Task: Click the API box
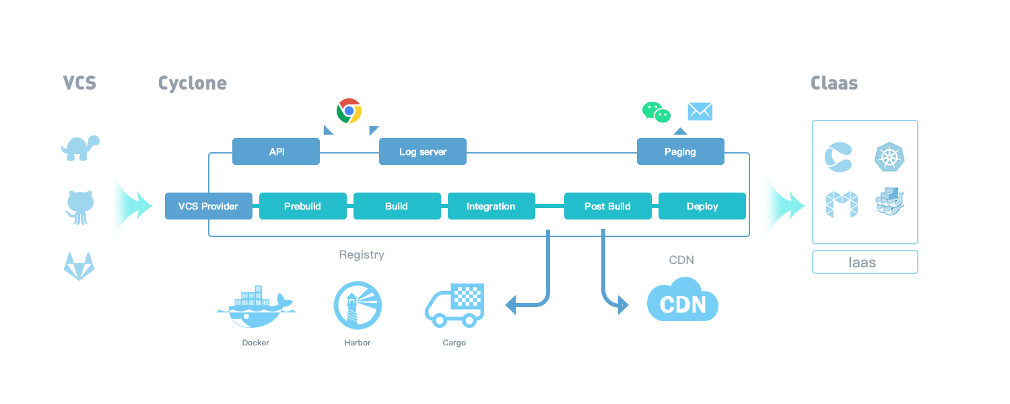point(276,151)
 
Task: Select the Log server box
point(423,151)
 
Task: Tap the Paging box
point(680,151)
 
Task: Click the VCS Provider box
point(208,206)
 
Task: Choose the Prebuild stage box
point(302,206)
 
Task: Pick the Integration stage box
point(491,206)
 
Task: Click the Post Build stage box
point(607,206)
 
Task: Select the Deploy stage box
point(702,206)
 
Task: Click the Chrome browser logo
point(349,110)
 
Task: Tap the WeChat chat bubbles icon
point(656,112)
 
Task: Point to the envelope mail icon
point(700,111)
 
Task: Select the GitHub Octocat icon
point(79,206)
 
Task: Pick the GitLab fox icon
point(79,267)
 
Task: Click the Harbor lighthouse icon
point(358,305)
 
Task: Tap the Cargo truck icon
point(454,304)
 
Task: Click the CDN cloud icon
point(682,300)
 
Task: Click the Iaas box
point(865,262)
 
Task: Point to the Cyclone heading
point(193,83)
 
